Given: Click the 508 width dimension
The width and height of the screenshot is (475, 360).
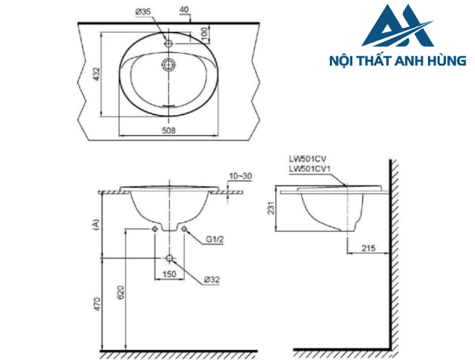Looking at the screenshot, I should (x=170, y=130).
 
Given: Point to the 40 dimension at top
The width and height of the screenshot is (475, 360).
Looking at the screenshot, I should (x=184, y=10).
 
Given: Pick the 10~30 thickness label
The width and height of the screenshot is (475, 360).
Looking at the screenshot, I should (x=240, y=176).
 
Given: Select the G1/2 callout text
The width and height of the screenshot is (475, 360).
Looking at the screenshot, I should (x=214, y=239).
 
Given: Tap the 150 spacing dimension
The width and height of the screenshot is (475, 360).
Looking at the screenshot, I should (x=169, y=275).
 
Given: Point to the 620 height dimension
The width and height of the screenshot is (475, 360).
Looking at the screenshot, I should (x=121, y=293).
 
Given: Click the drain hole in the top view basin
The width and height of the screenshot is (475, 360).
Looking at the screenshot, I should (x=169, y=65).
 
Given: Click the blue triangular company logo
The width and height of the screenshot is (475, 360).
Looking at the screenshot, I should (x=397, y=29).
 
